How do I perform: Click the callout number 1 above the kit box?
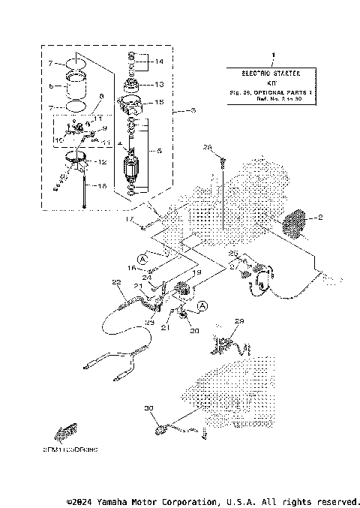274,56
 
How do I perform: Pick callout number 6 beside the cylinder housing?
51,86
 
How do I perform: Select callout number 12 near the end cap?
103,162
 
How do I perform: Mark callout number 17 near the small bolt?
129,218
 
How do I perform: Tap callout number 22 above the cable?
116,282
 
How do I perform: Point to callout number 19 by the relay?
198,275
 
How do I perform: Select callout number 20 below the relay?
194,331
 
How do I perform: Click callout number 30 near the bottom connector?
148,408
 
